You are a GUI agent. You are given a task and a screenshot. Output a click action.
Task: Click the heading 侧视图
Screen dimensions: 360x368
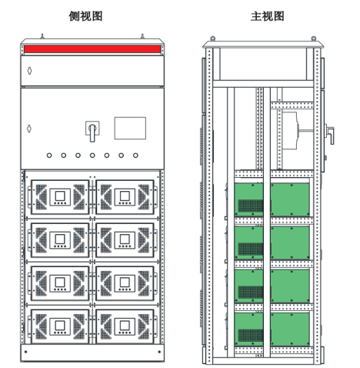pos(85,16)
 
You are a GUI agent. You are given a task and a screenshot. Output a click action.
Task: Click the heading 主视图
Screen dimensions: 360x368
pos(268,16)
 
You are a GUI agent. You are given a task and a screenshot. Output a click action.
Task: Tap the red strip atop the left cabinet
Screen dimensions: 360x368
pos(92,49)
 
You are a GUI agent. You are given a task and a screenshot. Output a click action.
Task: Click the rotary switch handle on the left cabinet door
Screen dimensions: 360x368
pos(92,132)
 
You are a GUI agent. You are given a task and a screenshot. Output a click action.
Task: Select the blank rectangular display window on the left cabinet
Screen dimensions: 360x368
pos(130,128)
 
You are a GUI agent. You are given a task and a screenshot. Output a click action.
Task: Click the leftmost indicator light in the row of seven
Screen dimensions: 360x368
pos(49,156)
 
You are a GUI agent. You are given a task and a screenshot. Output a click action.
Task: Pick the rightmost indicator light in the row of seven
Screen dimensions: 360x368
pos(135,156)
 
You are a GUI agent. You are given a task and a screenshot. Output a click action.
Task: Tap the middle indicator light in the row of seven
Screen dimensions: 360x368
pos(92,156)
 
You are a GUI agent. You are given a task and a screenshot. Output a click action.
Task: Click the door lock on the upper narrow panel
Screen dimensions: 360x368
pos(29,71)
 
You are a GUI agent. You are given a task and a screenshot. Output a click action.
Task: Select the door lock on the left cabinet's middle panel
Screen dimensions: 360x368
pos(29,129)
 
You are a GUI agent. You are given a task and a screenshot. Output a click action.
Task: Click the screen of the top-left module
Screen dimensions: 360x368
pos(60,196)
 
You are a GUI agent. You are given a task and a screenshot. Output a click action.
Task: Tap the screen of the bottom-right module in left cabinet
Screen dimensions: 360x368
pos(125,326)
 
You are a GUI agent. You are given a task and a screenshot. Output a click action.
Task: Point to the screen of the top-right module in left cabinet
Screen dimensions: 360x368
pos(125,196)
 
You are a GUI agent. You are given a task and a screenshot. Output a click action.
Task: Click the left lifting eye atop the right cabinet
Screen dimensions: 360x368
pos(212,38)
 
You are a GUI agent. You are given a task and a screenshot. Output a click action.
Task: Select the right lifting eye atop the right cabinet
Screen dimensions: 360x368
pos(313,38)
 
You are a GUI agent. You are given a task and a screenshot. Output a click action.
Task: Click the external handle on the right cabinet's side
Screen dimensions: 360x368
pos(330,134)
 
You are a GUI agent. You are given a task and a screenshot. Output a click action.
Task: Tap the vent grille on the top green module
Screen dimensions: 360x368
pos(251,206)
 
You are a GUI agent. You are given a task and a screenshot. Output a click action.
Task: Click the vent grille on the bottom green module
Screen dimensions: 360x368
pos(251,336)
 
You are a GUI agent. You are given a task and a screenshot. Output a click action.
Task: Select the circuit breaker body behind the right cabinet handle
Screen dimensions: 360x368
pos(290,131)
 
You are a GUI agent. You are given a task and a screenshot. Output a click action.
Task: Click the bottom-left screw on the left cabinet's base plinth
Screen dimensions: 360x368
pos(25,352)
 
